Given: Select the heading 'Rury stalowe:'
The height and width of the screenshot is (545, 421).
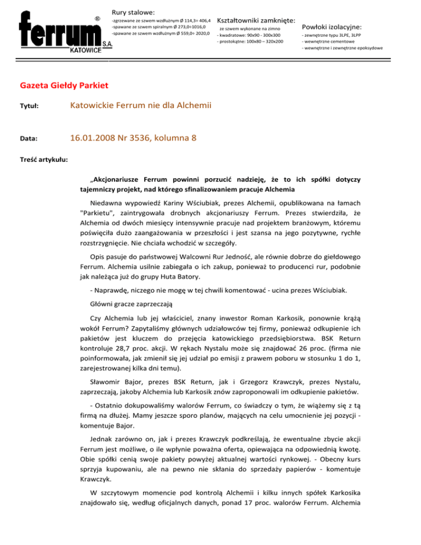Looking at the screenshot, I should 133,12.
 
